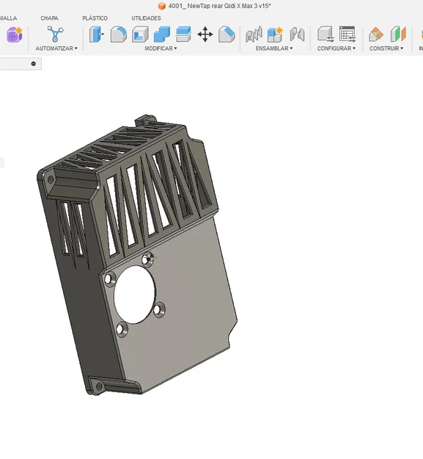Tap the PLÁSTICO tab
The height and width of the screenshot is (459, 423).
tap(95, 18)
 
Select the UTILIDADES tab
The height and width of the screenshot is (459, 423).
tap(146, 18)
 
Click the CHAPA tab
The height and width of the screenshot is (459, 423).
tap(49, 18)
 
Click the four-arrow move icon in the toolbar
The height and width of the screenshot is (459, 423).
tap(205, 35)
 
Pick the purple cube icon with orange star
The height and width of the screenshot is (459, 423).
tap(15, 35)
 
